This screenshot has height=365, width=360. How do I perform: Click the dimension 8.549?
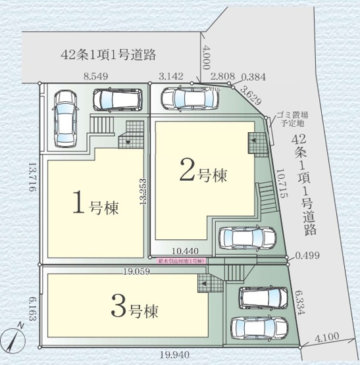[96, 76]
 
